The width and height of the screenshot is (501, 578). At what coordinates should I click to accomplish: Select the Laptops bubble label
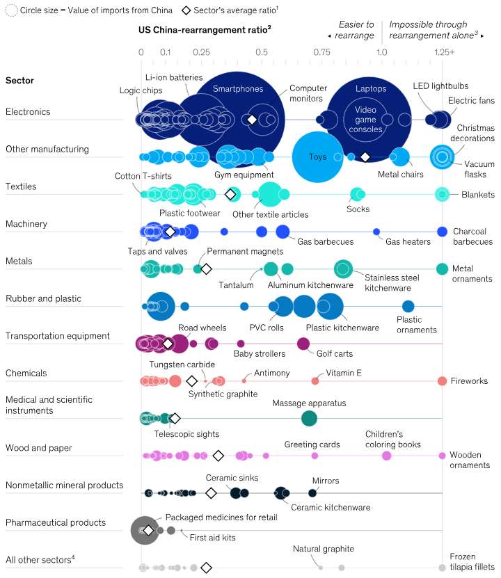tap(370, 89)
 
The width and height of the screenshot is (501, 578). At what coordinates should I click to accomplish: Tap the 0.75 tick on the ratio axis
tap(321, 53)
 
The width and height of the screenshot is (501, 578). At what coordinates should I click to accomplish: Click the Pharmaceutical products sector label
tap(56, 522)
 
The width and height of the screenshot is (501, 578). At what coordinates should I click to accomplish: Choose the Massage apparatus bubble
tap(309, 418)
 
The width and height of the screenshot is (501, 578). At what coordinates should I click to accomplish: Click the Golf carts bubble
tap(303, 343)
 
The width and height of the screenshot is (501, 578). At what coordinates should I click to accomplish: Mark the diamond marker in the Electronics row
tap(252, 120)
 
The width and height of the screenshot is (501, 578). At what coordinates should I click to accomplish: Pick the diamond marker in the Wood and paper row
tap(218, 456)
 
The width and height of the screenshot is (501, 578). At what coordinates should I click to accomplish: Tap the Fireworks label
tap(468, 381)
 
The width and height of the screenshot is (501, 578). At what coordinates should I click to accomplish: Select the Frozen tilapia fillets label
tap(472, 561)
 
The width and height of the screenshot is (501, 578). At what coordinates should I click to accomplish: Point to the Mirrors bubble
tap(312, 493)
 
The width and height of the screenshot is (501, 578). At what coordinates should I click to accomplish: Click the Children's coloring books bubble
tap(387, 456)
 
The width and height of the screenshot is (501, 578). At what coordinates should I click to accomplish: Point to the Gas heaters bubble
tap(376, 231)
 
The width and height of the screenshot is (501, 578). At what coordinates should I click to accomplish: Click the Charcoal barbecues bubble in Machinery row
tap(442, 231)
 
